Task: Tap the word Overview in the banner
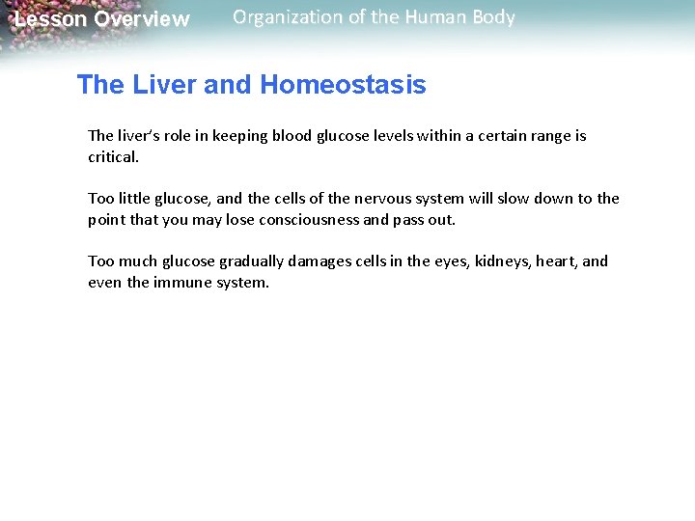pos(142,19)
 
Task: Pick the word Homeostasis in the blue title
pos(343,85)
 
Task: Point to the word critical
pos(114,155)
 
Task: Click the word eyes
pos(452,260)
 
